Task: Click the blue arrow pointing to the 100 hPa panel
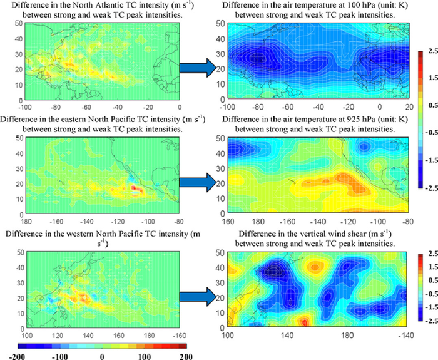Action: [198, 68]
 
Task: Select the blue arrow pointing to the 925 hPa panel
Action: [198, 182]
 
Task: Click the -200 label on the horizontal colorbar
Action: [17, 356]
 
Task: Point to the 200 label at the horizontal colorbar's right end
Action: [186, 356]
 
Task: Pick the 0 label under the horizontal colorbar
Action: [102, 356]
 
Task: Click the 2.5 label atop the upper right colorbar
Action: [433, 51]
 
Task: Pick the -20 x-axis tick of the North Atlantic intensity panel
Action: [149, 107]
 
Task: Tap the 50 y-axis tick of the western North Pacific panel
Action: [21, 252]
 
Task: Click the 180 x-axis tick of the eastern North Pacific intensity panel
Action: [26, 222]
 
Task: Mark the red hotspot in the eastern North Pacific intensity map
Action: [133, 187]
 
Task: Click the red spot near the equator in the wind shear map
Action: [305, 322]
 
